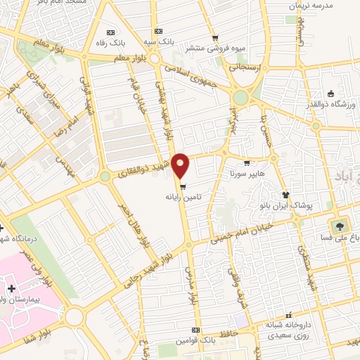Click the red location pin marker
[181, 165]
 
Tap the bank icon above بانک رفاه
[109, 32]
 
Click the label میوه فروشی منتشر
[214, 49]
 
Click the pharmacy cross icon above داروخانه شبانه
[287, 316]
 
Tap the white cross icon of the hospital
[11, 289]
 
